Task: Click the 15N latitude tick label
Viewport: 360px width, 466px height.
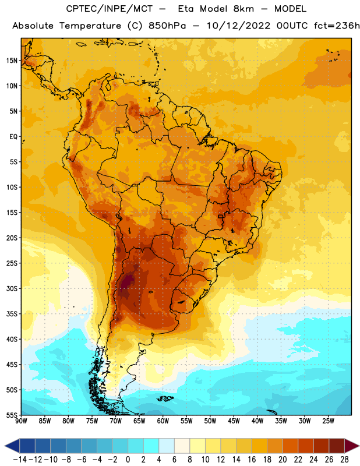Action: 12,61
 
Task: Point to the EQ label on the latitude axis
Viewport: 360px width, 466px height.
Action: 13,137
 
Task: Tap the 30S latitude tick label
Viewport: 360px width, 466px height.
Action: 12,288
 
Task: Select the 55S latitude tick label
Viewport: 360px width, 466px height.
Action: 12,415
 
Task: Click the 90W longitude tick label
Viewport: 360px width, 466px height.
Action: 21,421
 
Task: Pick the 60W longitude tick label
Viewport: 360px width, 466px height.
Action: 163,421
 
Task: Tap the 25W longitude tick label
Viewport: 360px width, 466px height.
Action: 328,421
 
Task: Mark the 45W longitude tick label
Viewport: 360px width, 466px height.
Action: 234,421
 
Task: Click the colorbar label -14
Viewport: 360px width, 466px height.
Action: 20,460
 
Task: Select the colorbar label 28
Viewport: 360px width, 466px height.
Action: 344,460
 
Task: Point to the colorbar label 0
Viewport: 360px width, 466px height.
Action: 128,460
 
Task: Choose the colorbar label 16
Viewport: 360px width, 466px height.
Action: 252,460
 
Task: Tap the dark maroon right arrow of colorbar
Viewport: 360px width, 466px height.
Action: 351,446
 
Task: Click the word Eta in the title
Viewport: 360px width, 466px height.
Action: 186,9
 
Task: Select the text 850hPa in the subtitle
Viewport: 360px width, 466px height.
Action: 167,26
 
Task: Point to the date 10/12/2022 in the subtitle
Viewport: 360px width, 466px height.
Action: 238,26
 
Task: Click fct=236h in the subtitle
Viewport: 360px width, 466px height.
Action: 337,26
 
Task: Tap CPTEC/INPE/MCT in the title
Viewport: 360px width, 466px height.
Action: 109,9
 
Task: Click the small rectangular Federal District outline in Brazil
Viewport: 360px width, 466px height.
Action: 220,216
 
